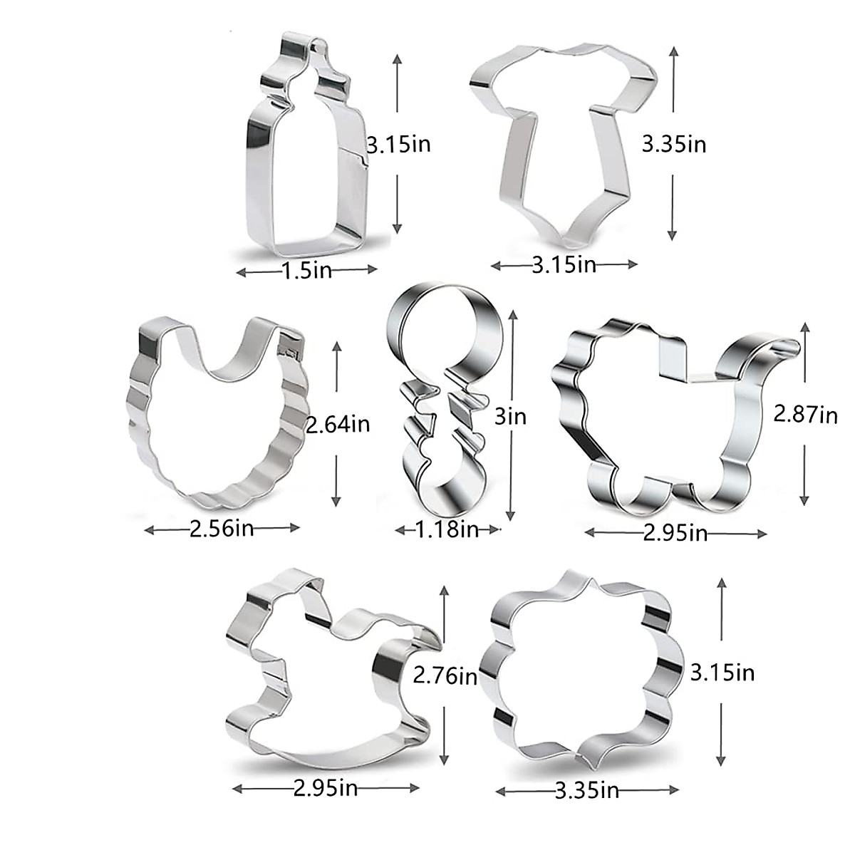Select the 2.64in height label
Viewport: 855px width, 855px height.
coord(338,425)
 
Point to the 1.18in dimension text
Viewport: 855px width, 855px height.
coord(447,529)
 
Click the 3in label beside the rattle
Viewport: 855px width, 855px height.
coord(509,416)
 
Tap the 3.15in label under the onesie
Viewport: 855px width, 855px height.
coord(564,265)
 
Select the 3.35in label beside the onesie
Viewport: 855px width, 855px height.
coord(674,145)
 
